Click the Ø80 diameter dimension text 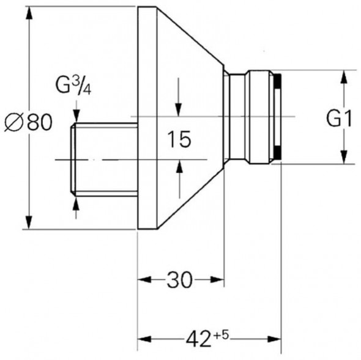pos(28,122)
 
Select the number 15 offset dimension pos(179,139)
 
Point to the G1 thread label pos(339,119)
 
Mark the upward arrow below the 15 pos(179,167)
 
